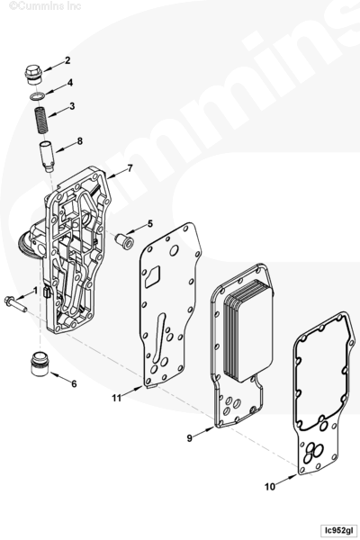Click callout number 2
click(67, 60)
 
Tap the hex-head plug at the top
click(34, 75)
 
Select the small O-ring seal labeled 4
click(38, 95)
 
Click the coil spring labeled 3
click(42, 121)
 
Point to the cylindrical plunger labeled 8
click(48, 156)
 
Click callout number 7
click(130, 168)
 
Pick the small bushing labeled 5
click(125, 241)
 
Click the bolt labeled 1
click(15, 304)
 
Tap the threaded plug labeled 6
click(40, 364)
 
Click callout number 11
click(117, 398)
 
